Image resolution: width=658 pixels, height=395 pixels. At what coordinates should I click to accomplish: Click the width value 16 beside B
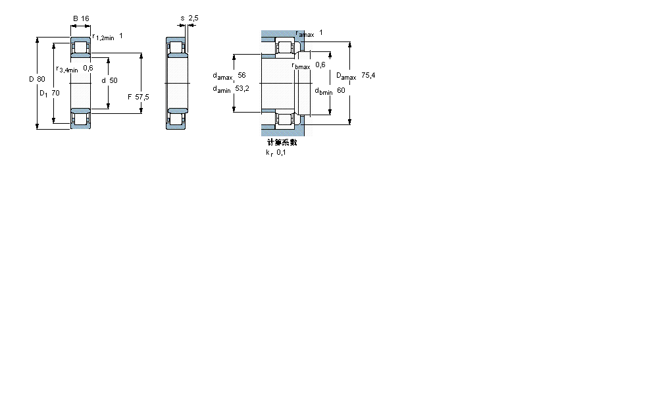click(85, 18)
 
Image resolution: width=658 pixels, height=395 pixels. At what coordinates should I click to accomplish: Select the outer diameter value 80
click(41, 80)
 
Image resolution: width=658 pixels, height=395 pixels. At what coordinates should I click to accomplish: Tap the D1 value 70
click(55, 93)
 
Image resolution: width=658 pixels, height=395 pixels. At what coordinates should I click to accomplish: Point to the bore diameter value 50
click(113, 80)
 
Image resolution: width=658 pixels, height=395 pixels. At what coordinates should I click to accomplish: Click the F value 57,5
click(142, 97)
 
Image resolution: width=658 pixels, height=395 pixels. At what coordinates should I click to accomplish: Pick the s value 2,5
click(193, 18)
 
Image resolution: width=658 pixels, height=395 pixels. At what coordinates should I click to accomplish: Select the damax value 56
click(241, 76)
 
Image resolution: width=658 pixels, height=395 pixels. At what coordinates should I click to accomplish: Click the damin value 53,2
click(242, 89)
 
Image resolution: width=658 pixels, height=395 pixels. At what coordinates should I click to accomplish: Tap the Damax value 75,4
click(368, 76)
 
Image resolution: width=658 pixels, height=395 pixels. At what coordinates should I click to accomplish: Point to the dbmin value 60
click(341, 90)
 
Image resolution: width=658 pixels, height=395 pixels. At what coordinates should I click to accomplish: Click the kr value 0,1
click(281, 153)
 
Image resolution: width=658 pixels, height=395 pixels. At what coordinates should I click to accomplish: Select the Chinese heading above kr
click(282, 142)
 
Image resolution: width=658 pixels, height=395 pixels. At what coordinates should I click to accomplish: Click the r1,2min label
click(103, 38)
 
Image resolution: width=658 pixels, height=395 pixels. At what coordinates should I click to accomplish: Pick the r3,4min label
click(67, 69)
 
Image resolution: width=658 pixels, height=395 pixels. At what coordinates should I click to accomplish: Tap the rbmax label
click(301, 66)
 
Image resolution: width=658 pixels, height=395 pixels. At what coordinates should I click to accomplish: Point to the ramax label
click(305, 34)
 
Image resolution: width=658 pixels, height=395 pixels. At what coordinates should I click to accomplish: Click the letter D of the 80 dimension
click(31, 80)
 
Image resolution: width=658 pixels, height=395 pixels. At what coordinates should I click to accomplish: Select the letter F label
click(130, 97)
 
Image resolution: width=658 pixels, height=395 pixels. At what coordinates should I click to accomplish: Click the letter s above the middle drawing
click(182, 18)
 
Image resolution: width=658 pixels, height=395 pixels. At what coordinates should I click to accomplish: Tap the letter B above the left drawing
click(76, 18)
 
